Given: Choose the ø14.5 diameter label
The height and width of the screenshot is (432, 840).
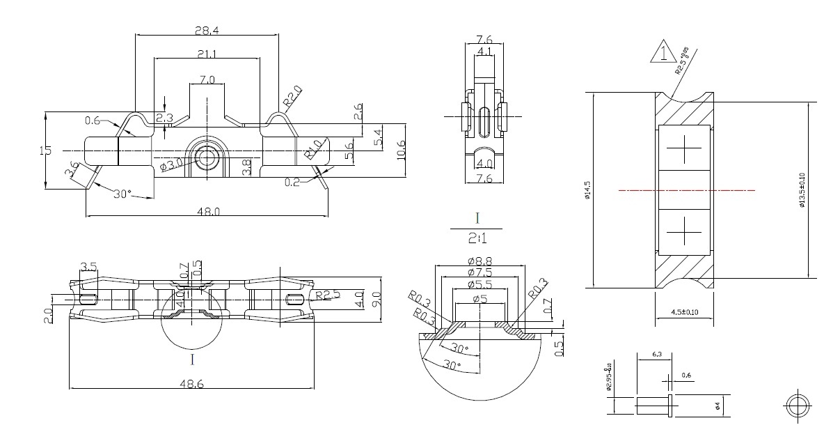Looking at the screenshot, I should tap(587, 190).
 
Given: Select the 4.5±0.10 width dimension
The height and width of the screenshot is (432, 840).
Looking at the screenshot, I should tap(685, 311).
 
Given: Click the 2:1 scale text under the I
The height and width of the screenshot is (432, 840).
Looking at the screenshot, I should tap(478, 239).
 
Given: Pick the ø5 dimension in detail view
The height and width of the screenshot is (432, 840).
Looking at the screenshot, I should tap(479, 300).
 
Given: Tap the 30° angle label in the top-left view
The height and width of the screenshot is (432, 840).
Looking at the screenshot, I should tap(122, 194).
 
